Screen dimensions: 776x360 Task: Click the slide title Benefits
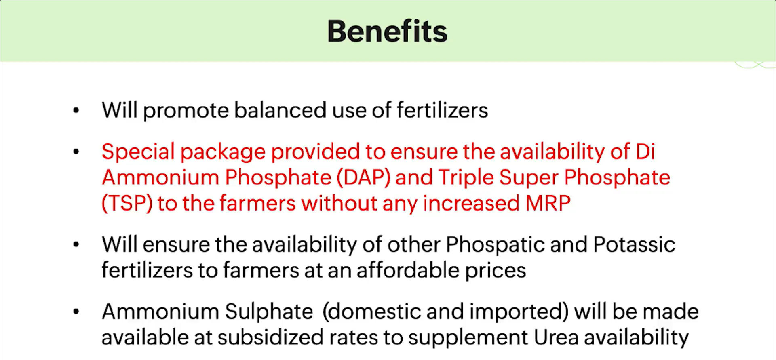[388, 32]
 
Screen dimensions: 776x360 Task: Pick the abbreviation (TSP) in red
[127, 203]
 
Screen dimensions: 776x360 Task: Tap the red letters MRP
[548, 203]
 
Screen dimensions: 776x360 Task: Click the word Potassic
[634, 244]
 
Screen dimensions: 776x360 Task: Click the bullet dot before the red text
[76, 152]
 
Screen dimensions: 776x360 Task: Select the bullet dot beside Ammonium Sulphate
[76, 312]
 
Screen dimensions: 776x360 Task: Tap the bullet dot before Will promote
[76, 110]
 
